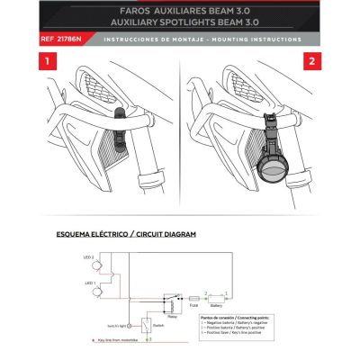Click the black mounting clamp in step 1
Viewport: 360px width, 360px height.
[x=121, y=116]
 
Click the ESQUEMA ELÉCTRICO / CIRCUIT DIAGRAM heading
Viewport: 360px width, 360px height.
[x=125, y=233]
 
